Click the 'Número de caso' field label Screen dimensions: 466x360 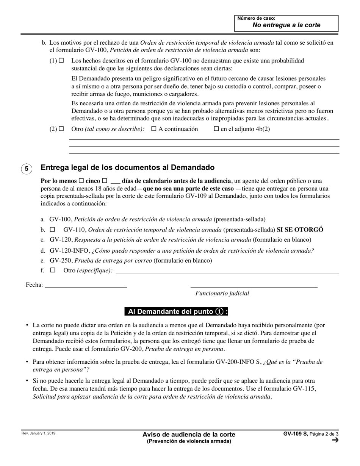click(256, 18)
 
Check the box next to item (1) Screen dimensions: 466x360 click(61, 60)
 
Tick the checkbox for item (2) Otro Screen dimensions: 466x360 click(61, 129)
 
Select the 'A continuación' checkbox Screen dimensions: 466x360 click(154, 129)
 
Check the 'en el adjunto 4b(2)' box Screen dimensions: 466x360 click(216, 129)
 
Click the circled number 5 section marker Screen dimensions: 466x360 click(27, 169)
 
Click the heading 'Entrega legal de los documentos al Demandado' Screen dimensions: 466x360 click(127, 167)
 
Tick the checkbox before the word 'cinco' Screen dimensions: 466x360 click(81, 181)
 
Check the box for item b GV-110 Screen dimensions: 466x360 click(53, 230)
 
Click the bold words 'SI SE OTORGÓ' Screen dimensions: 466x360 click(300, 230)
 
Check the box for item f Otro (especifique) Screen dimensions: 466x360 click(53, 271)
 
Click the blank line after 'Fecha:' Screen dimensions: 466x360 click(86, 285)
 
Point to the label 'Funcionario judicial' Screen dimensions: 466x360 click(222, 293)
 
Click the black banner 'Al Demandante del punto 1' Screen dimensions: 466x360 click(177, 311)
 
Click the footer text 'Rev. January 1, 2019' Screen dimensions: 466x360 click(38, 433)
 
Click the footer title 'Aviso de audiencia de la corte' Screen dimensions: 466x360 click(189, 435)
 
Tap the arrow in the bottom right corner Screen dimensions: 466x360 click(335, 440)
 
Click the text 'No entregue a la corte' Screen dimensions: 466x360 click(286, 25)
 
